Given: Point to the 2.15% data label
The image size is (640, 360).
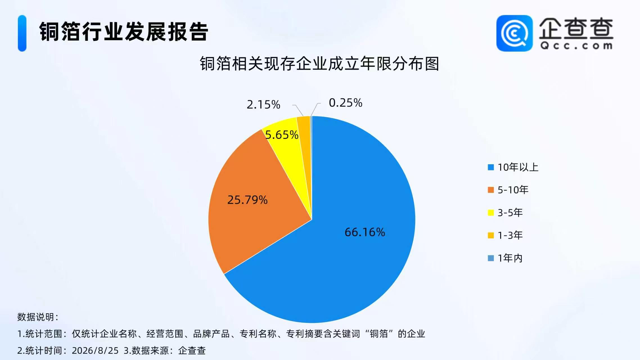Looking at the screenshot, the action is click(x=263, y=105).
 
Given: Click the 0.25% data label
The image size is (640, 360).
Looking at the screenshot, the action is click(x=346, y=103).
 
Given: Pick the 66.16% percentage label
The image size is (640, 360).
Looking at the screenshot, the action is click(x=365, y=232).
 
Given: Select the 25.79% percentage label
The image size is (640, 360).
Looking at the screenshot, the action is click(x=247, y=200).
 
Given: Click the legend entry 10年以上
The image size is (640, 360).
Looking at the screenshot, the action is click(x=513, y=167).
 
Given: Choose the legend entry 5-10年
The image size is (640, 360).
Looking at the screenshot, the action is click(x=508, y=190).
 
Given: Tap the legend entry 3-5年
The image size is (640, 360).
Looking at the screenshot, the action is click(x=505, y=213).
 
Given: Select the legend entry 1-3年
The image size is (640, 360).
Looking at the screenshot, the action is click(x=505, y=235).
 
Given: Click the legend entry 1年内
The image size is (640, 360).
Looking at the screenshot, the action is click(x=505, y=258).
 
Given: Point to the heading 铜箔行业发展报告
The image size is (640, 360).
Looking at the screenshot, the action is click(x=124, y=31).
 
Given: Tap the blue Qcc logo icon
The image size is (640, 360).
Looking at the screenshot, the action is click(x=514, y=33).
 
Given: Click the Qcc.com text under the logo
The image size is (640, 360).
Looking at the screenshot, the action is click(x=576, y=46).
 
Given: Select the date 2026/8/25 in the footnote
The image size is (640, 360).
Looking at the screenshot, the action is click(x=95, y=350).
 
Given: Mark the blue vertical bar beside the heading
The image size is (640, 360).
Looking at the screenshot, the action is click(x=22, y=33).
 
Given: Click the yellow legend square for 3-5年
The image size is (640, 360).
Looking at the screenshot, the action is click(x=491, y=213).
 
